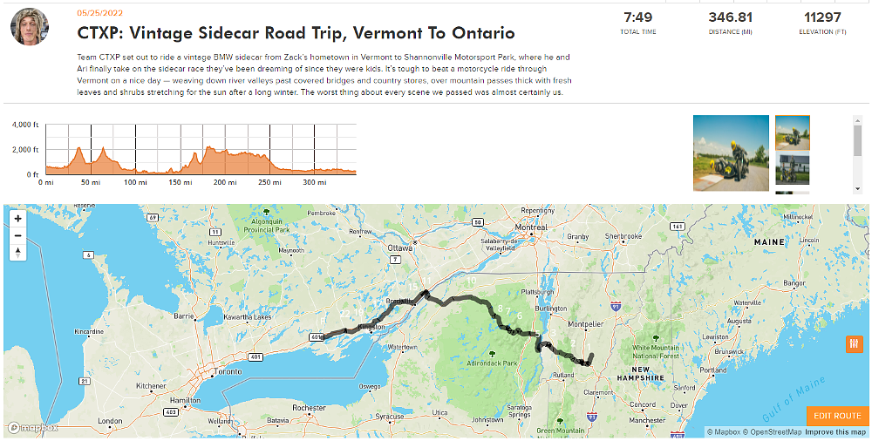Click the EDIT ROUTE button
(837, 416)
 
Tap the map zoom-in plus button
(17, 218)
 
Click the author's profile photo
(29, 28)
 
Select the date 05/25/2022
(100, 13)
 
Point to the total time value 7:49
(637, 17)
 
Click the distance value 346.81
(730, 17)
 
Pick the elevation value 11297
(822, 17)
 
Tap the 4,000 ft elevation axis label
(24, 126)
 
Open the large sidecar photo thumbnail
(731, 153)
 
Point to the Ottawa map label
(399, 248)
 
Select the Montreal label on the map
(532, 227)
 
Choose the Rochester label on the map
(310, 408)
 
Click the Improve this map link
(835, 432)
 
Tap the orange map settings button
(854, 345)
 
